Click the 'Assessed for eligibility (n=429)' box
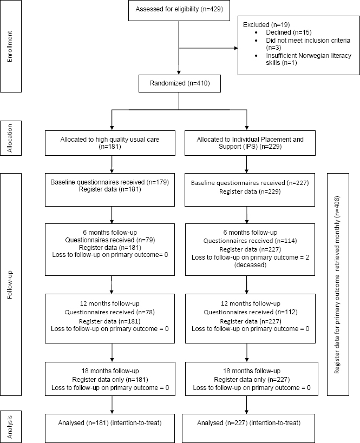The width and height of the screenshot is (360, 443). point(179,10)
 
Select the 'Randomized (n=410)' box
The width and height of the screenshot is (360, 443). point(180,83)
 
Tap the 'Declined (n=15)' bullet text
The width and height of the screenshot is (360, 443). point(289,32)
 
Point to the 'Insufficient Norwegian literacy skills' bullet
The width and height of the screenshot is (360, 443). point(308,59)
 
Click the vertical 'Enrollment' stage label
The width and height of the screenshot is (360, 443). point(10,47)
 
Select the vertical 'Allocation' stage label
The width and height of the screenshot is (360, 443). point(10,138)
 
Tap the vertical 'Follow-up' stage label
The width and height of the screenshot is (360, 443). point(10,285)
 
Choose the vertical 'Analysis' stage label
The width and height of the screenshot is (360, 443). point(10,427)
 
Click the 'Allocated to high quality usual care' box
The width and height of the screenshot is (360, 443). point(110,143)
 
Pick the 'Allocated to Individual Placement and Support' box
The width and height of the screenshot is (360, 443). point(250,143)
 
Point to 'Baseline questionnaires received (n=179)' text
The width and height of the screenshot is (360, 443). point(110,182)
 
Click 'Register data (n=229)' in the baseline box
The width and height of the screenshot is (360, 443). point(250,191)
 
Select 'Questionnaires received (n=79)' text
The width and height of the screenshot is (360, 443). point(110,240)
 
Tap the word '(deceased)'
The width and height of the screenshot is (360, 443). point(250,265)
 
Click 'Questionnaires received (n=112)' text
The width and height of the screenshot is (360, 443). point(251,312)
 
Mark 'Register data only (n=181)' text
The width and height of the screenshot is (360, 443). point(110,379)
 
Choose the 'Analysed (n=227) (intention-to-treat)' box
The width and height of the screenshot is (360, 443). point(248,428)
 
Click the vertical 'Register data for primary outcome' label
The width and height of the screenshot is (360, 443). point(337,285)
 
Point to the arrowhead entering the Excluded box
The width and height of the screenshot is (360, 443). point(236,48)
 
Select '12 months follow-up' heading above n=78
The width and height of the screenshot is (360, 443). point(110,303)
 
